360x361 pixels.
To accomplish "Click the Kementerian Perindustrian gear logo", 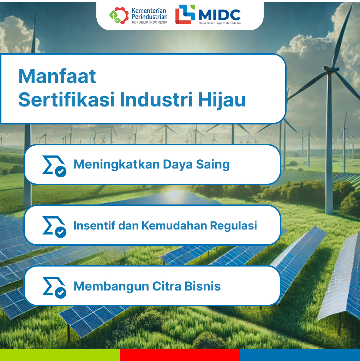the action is pyautogui.click(x=119, y=16).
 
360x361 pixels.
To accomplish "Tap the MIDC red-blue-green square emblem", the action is pyautogui.click(x=185, y=14).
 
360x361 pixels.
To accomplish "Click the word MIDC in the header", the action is pyautogui.click(x=220, y=15).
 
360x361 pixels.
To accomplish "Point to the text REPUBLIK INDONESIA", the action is pyautogui.click(x=150, y=22).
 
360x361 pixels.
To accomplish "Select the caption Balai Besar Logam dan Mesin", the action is pyautogui.click(x=220, y=23).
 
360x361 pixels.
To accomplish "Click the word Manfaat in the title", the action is pyautogui.click(x=57, y=76).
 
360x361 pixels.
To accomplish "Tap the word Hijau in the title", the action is pyautogui.click(x=222, y=100).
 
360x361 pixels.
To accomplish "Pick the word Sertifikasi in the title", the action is pyautogui.click(x=66, y=100).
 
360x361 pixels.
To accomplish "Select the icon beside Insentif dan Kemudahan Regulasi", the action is pyautogui.click(x=54, y=227).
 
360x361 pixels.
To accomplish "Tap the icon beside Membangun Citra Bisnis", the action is pyautogui.click(x=54, y=288).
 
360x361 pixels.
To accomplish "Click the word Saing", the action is pyautogui.click(x=213, y=165).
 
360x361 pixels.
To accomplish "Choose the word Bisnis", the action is pyautogui.click(x=203, y=286).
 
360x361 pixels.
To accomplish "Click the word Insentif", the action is pyautogui.click(x=94, y=225).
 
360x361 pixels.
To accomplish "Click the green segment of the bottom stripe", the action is pyautogui.click(x=60, y=355).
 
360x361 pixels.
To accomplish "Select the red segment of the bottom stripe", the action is pyautogui.click(x=180, y=355).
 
